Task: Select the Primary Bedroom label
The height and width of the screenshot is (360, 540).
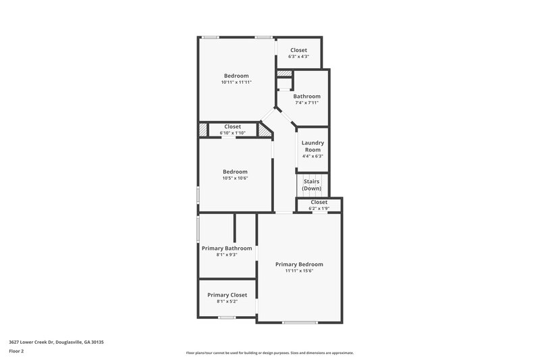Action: [299, 264]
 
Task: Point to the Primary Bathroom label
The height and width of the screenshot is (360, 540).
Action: [227, 248]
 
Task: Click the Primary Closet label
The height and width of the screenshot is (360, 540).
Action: [227, 294]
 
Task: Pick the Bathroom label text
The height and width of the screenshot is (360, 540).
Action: [306, 96]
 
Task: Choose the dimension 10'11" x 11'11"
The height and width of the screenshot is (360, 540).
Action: [236, 82]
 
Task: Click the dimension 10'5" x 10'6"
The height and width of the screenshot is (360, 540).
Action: [235, 178]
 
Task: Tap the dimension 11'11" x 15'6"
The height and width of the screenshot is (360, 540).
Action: [299, 271]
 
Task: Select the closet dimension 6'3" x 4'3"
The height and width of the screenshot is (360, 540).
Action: [298, 57]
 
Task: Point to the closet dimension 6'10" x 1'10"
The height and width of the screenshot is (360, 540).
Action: [233, 133]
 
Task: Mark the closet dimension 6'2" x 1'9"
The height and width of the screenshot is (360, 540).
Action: [319, 209]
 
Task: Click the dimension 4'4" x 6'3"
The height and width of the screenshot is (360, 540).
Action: [313, 156]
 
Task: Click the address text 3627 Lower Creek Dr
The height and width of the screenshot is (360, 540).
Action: [56, 342]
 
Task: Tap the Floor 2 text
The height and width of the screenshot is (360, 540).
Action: [17, 351]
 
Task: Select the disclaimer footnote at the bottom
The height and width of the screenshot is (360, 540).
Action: [269, 353]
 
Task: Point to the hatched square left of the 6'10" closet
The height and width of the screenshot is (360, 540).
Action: [202, 129]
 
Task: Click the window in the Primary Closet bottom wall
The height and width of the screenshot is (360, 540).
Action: [227, 317]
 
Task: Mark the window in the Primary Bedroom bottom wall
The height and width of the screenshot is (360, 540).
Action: [300, 322]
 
